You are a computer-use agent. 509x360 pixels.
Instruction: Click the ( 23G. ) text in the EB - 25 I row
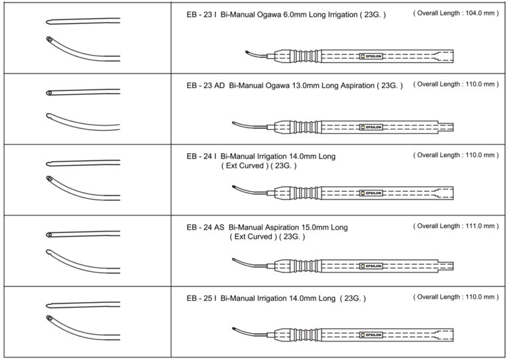(353, 299)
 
